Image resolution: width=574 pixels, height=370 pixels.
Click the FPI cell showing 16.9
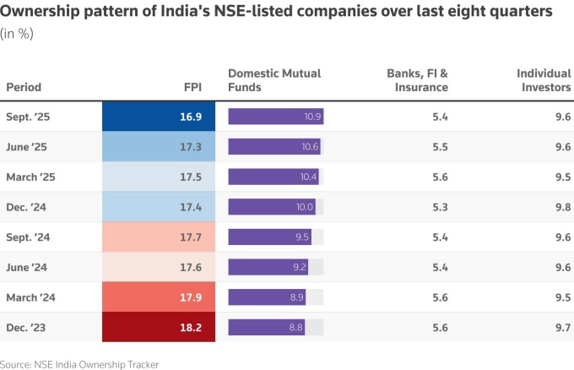click(x=159, y=117)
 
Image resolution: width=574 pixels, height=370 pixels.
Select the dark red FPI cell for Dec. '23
click(x=159, y=327)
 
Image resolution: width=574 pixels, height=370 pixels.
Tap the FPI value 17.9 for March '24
click(x=159, y=297)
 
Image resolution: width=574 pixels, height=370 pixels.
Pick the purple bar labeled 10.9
click(x=276, y=117)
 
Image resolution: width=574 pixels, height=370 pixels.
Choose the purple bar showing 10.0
click(x=272, y=207)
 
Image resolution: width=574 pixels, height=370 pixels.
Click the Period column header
click(x=24, y=87)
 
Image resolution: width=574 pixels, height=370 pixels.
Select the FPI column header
click(x=192, y=87)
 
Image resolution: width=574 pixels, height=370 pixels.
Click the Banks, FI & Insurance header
click(x=417, y=80)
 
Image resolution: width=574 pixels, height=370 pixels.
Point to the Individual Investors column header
click(x=544, y=80)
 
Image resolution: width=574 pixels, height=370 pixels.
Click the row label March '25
click(x=30, y=177)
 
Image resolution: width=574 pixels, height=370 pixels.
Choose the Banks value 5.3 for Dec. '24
click(x=440, y=207)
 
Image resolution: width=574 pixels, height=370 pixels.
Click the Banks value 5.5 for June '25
click(x=440, y=147)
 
